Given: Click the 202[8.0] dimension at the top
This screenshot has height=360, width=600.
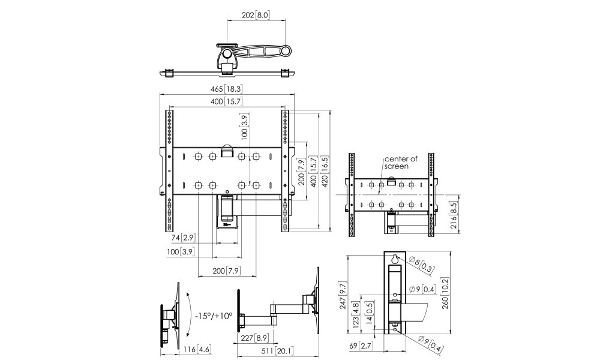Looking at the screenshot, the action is [x=256, y=16].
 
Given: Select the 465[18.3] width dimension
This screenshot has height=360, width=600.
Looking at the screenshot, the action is [x=227, y=89].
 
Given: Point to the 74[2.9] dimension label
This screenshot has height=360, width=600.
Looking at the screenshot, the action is [x=183, y=238].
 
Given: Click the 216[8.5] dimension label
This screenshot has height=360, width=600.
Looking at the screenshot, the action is [x=454, y=216].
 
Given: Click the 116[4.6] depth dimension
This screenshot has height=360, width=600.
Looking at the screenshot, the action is [x=197, y=349].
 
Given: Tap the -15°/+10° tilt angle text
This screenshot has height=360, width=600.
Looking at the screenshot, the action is [x=214, y=316].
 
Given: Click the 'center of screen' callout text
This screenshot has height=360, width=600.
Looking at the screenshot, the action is [x=401, y=162].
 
